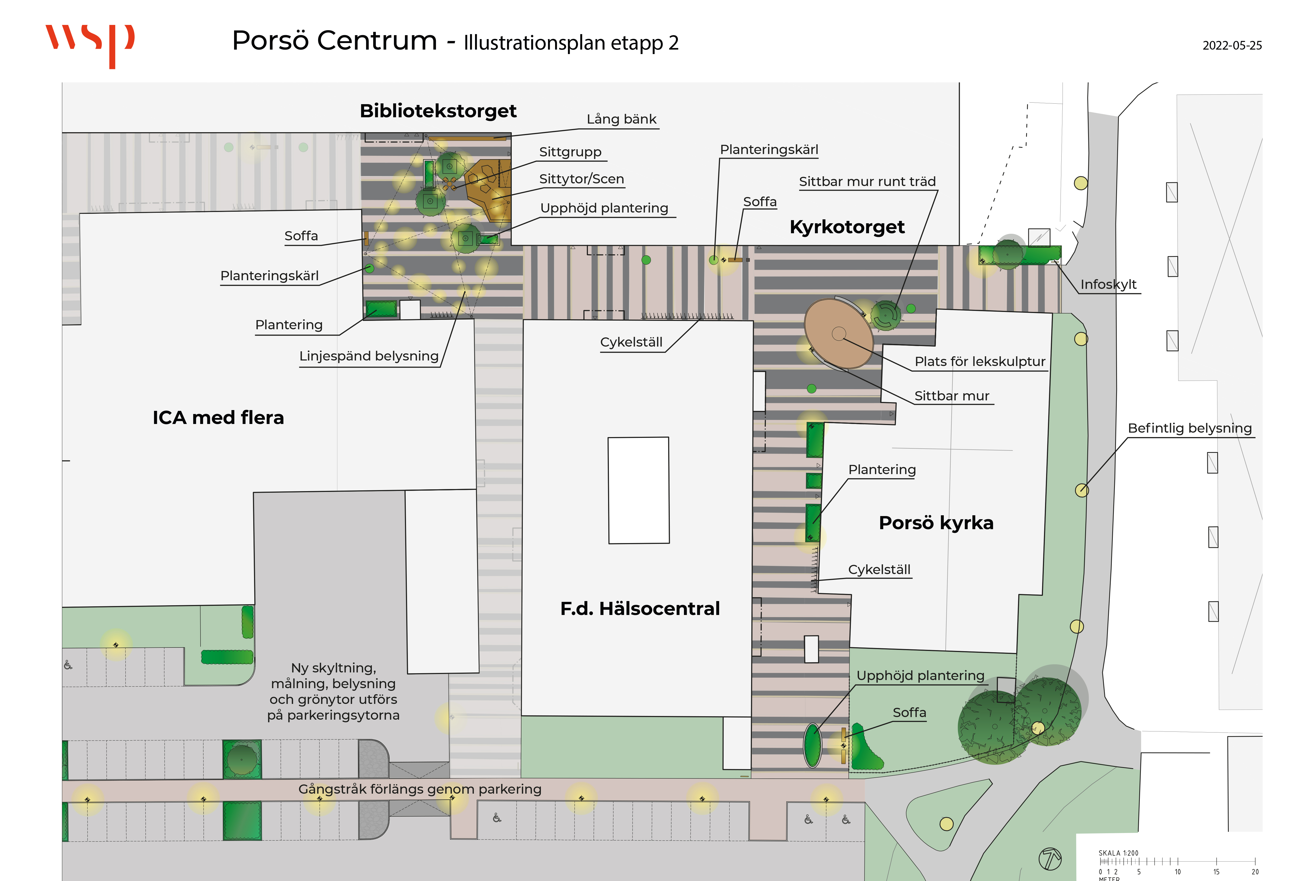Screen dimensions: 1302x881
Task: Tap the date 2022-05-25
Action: (1232, 45)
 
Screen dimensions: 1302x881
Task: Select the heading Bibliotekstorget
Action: (438, 111)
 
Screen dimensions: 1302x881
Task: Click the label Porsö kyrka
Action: (936, 523)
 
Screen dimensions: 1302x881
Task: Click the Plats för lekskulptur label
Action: (980, 362)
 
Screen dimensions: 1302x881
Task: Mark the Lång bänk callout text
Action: (621, 119)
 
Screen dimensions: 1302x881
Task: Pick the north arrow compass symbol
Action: (1050, 859)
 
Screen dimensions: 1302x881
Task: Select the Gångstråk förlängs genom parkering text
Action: (420, 789)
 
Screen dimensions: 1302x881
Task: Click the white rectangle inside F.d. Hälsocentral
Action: (639, 490)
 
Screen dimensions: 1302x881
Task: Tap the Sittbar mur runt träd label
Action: (867, 182)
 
